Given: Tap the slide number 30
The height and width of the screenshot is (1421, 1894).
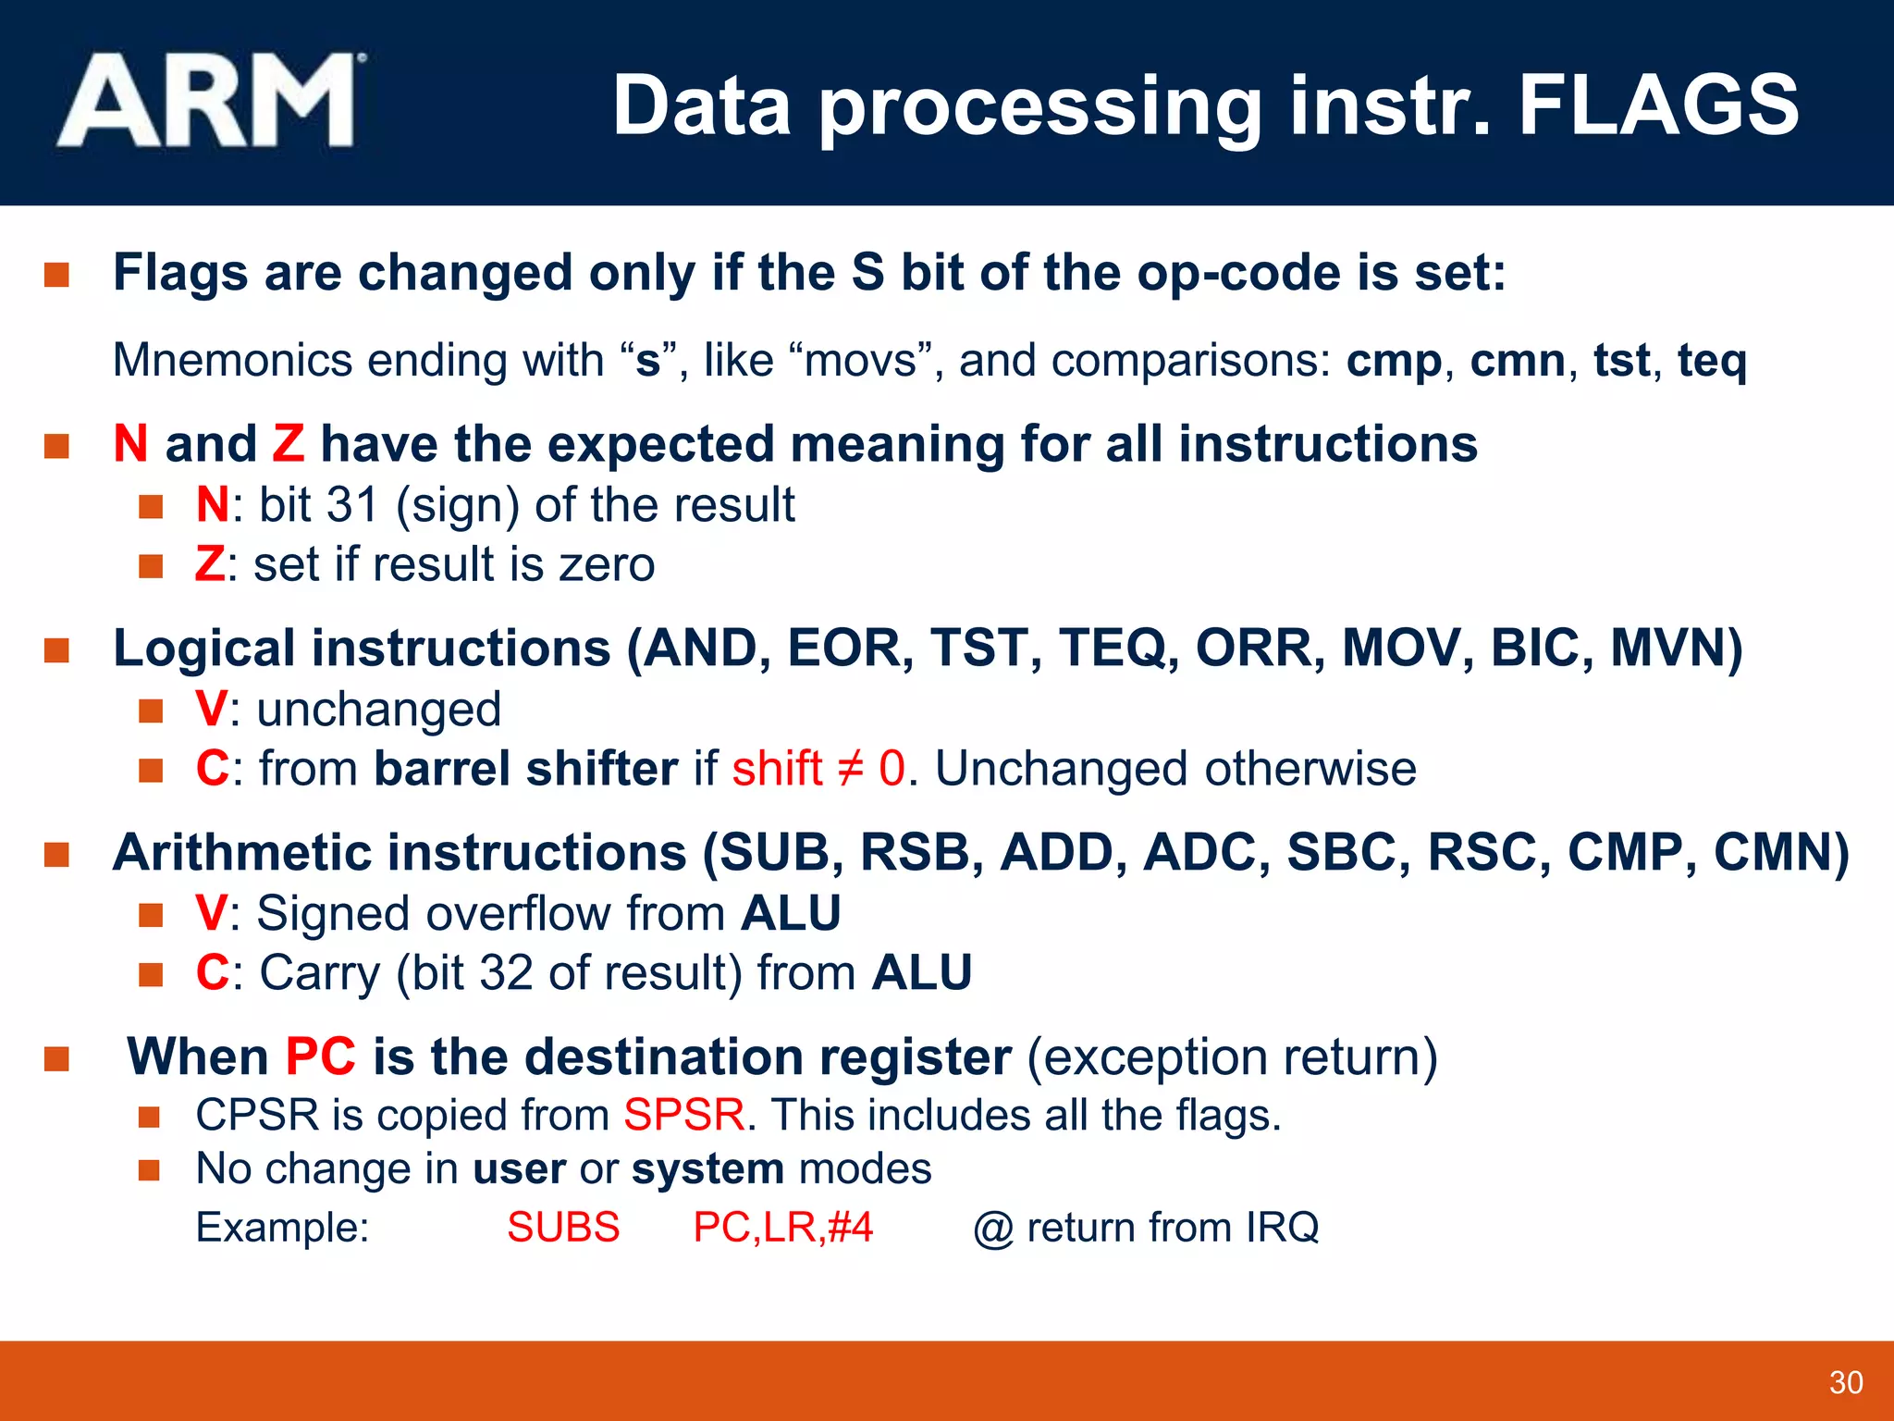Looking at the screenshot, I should (1845, 1382).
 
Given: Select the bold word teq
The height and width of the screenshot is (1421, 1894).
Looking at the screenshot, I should (1712, 361).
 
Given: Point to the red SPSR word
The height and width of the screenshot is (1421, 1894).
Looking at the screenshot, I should (683, 1115).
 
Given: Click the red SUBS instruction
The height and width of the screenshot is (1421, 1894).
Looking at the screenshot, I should (563, 1228).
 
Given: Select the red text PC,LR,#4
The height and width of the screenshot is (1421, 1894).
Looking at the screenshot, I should (782, 1228).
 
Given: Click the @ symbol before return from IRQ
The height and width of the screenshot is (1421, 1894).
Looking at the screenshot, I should (993, 1229).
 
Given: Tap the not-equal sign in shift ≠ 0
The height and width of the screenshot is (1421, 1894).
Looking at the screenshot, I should (850, 769).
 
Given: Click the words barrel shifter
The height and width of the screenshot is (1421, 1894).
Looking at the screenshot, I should (525, 769).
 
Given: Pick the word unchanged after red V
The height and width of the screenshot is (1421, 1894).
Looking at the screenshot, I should (378, 710).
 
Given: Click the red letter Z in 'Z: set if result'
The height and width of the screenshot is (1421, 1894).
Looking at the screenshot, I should (209, 564).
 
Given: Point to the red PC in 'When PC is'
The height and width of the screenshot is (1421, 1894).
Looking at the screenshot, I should (320, 1056).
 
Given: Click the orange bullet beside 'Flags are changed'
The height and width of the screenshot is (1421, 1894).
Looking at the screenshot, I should (56, 275).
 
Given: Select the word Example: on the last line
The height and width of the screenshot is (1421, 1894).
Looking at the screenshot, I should (282, 1228).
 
